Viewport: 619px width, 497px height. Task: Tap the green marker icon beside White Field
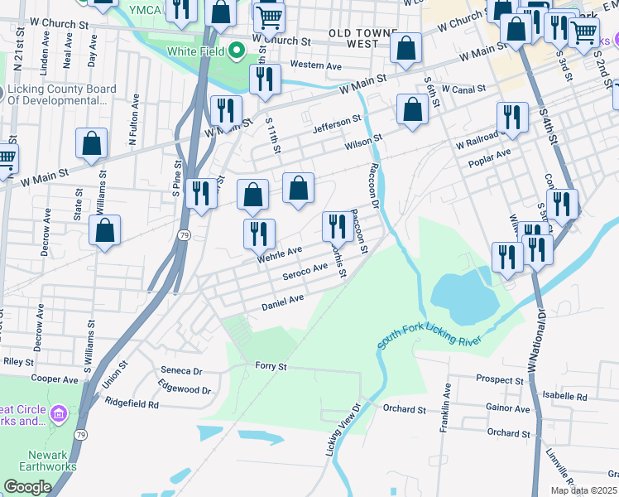tap(238, 51)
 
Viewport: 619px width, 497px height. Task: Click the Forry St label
tap(271, 365)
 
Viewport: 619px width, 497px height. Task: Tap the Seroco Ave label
tap(305, 271)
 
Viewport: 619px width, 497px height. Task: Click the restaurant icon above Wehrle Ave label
tap(259, 233)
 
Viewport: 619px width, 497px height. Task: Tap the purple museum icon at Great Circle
tap(58, 413)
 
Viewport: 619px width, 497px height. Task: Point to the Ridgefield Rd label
tap(132, 403)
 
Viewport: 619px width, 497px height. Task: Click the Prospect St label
tap(501, 379)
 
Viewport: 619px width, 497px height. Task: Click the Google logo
tap(27, 486)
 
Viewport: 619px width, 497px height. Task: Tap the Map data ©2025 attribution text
tap(583, 490)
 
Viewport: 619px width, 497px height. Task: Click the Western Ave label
tap(315, 65)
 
